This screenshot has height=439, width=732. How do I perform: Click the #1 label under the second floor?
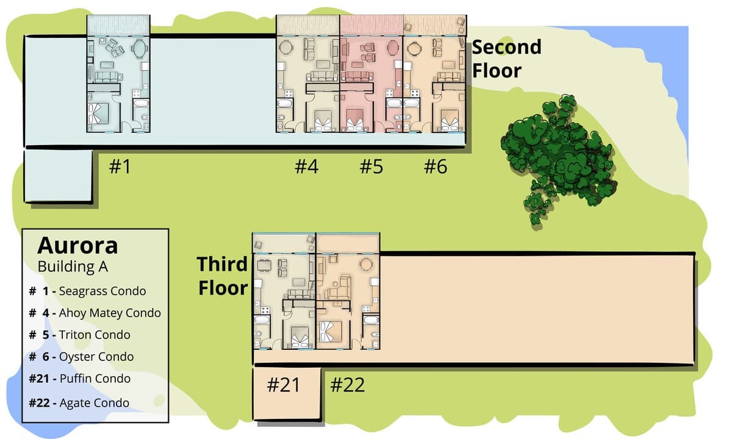tap(120, 166)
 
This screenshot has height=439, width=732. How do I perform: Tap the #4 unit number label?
tap(306, 166)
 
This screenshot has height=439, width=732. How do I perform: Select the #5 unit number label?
tap(371, 166)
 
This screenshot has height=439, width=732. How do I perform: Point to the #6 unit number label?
tap(436, 166)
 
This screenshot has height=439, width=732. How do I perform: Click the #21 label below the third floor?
tap(283, 385)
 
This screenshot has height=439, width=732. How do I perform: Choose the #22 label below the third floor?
tap(347, 385)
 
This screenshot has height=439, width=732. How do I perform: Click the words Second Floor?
tap(506, 59)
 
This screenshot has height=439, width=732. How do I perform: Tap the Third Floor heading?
tap(223, 276)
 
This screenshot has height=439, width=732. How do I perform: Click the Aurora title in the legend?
tap(77, 246)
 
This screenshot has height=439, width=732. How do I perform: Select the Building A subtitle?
tap(73, 266)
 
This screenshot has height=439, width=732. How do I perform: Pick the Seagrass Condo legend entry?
tap(88, 291)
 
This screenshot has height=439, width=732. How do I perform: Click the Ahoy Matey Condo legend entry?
tap(95, 313)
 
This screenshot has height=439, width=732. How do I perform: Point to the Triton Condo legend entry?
tap(80, 335)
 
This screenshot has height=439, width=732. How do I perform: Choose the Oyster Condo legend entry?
tap(81, 357)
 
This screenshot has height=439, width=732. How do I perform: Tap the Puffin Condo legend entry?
tap(80, 379)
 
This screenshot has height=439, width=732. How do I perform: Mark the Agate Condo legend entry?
tap(79, 403)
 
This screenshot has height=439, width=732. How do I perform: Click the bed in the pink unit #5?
tap(355, 120)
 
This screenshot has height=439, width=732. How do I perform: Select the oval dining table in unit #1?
tap(140, 49)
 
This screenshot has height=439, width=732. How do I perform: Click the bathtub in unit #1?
tap(141, 104)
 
